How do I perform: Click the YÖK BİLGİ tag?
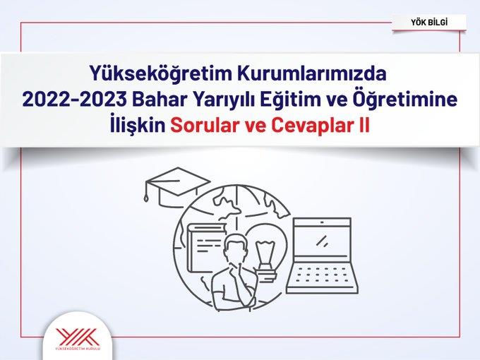tap(429, 23)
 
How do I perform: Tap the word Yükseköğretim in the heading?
tap(160, 74)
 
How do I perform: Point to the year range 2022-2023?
tap(74, 100)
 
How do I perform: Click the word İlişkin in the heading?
tap(138, 126)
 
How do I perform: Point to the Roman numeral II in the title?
tap(364, 126)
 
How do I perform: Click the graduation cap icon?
tap(178, 186)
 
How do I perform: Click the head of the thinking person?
tap(237, 247)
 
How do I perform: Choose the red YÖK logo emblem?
tap(78, 337)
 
